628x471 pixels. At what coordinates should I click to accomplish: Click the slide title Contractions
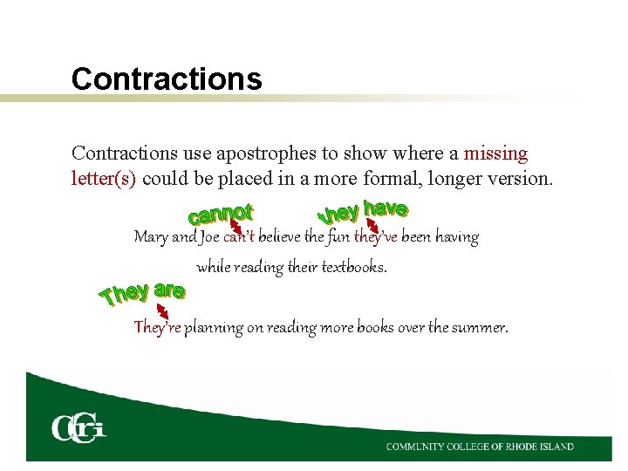[x=167, y=79]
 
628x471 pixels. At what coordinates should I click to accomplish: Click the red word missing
[x=495, y=154]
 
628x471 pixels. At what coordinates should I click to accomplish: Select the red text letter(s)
[x=105, y=180]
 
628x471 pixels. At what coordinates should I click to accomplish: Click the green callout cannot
[x=221, y=213]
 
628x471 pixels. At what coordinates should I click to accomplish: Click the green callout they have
[x=363, y=210]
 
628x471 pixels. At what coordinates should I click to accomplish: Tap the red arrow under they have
[x=373, y=228]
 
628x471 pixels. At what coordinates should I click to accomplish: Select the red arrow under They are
[x=162, y=310]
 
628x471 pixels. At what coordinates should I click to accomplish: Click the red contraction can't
[x=239, y=237]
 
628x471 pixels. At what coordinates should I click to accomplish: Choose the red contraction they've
[x=376, y=237]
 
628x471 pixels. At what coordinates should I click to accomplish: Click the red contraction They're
[x=157, y=328]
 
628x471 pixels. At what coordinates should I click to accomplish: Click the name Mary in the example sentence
[x=151, y=237]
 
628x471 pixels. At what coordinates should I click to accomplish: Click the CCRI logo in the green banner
[x=78, y=427]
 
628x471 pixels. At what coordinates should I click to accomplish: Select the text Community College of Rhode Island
[x=480, y=447]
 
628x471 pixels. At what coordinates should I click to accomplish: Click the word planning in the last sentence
[x=214, y=329]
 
